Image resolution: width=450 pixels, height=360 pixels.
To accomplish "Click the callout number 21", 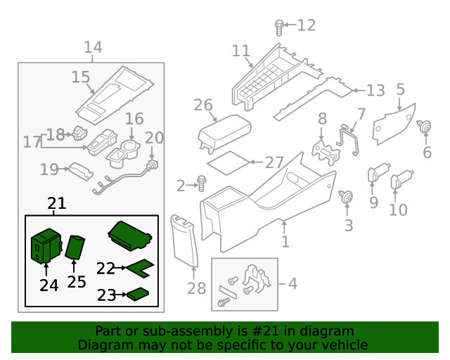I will pos(57,204).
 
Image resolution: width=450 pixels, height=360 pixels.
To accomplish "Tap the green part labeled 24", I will pos(45,245).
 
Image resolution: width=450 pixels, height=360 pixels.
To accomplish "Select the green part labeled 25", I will pos(75,247).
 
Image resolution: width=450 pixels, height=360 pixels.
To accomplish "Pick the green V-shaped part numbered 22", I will pos(139,267).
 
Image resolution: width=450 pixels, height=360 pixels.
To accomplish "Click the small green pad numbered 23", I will pos(139,295).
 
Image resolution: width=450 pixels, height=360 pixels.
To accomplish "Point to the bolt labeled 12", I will pos(279,27).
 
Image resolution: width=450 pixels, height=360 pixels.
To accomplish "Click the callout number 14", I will pos(93,48).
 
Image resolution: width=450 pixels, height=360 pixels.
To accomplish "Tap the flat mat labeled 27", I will pos(230,162).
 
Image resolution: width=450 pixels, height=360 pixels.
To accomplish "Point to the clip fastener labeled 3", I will pos(347,197).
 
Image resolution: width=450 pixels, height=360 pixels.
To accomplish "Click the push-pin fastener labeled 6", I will pos(424,127).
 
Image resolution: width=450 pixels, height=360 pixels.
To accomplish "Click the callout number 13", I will pos(375,91).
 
